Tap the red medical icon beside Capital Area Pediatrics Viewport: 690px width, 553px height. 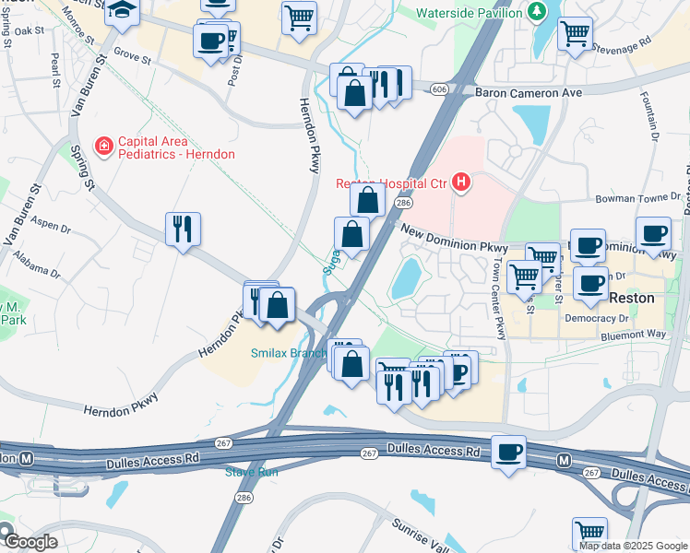(104, 146)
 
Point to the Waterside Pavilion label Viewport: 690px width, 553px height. (470, 13)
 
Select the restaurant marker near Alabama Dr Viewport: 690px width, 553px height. (183, 228)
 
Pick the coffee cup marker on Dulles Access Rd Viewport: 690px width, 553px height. (509, 453)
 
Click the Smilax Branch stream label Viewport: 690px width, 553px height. (289, 353)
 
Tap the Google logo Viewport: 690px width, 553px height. (30, 542)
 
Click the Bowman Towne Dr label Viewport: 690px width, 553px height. (636, 198)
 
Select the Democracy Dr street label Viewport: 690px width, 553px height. (595, 318)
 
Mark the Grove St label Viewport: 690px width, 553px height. (132, 56)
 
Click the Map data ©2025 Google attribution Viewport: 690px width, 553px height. (633, 546)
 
